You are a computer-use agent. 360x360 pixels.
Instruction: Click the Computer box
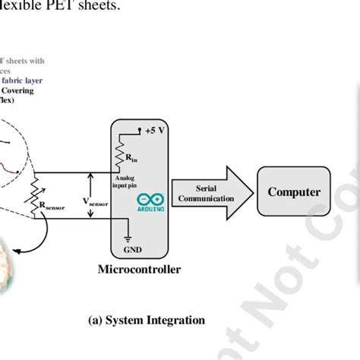(x=294, y=192)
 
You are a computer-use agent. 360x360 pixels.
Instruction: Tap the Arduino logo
(x=149, y=201)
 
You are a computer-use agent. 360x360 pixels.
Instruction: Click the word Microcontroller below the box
(x=139, y=270)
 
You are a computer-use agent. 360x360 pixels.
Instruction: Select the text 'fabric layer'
(x=26, y=78)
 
